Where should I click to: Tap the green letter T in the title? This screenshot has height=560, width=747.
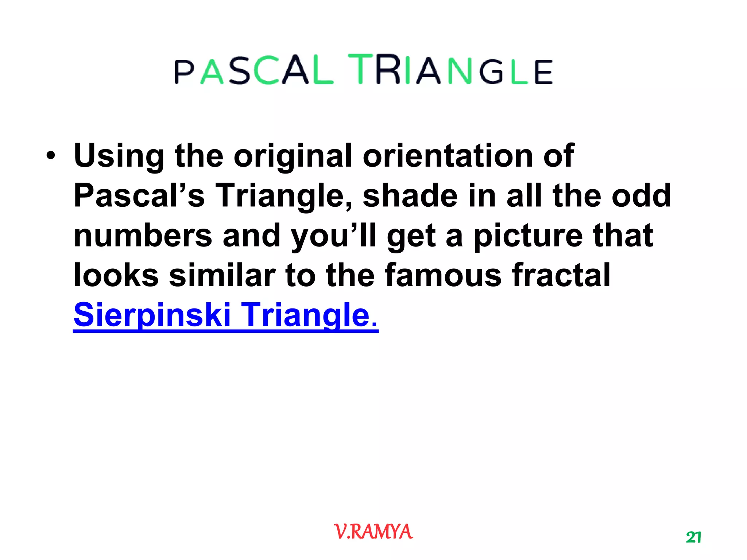coord(360,69)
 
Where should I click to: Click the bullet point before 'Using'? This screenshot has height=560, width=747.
coord(51,156)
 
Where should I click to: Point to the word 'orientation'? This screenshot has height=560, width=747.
coord(448,156)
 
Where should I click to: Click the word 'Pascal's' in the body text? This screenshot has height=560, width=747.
coord(139,196)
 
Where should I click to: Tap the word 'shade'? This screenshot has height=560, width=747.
coord(410,196)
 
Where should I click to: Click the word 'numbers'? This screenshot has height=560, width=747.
coord(143,236)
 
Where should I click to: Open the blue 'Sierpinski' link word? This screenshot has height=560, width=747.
coord(152,315)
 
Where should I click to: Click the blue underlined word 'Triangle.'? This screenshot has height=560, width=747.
coord(310,315)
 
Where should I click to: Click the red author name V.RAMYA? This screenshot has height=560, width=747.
coord(373,532)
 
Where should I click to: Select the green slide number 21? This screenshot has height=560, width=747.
coord(693,537)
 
